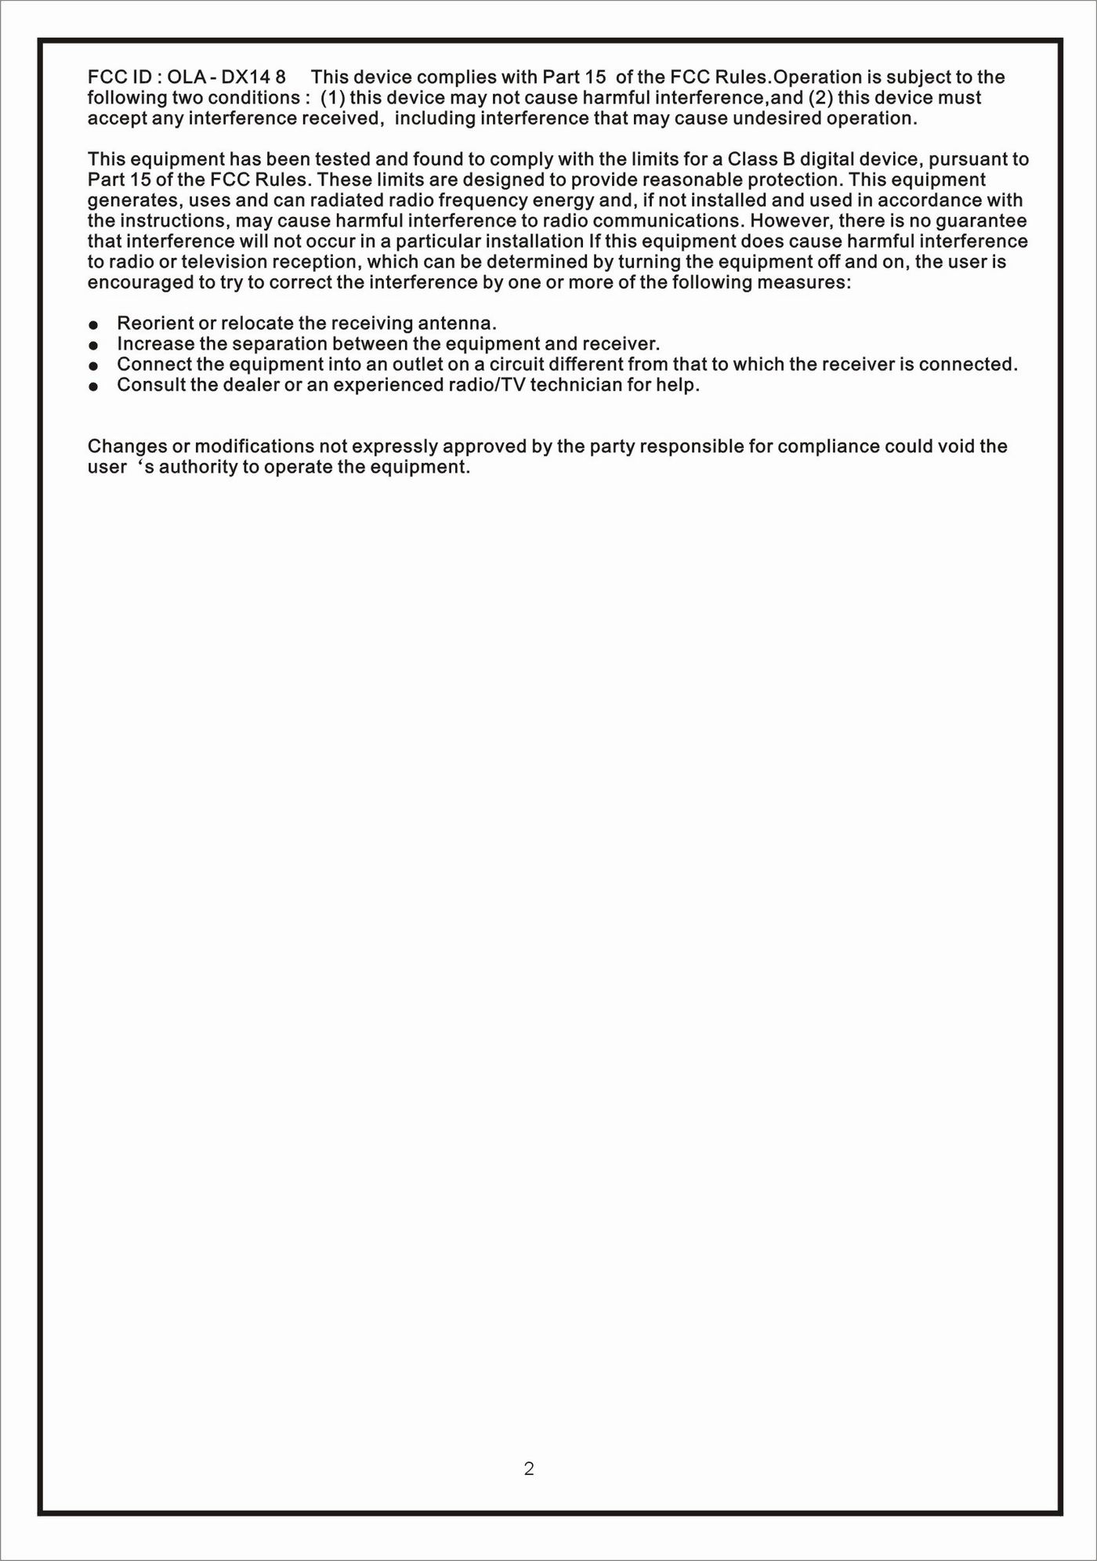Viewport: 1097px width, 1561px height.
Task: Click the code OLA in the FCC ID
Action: [184, 77]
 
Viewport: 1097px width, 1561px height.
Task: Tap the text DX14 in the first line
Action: [246, 77]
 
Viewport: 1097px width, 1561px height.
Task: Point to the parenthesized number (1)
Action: [334, 97]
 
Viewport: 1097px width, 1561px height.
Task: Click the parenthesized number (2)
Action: [820, 97]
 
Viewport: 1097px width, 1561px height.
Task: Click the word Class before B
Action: [751, 159]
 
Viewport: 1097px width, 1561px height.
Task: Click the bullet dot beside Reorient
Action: [93, 324]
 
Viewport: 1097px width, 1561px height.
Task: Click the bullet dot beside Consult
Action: [93, 386]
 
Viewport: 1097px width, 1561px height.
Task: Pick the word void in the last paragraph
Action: [956, 446]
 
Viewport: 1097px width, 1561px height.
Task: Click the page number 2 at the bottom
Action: [529, 1469]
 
